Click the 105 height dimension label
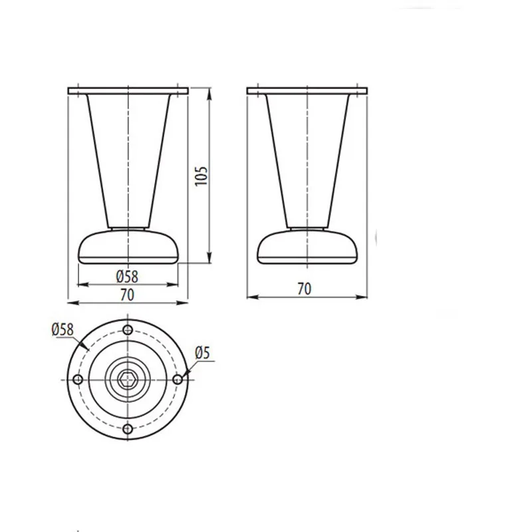[x=201, y=176]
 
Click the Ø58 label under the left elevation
[x=127, y=277]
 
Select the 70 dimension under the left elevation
[x=127, y=295]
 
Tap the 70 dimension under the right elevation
[x=305, y=289]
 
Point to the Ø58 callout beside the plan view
[x=63, y=329]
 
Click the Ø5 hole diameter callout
[x=203, y=353]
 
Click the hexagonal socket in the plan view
[x=127, y=379]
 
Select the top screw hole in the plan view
[x=128, y=329]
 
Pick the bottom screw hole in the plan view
[x=128, y=429]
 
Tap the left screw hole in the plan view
[x=78, y=379]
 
